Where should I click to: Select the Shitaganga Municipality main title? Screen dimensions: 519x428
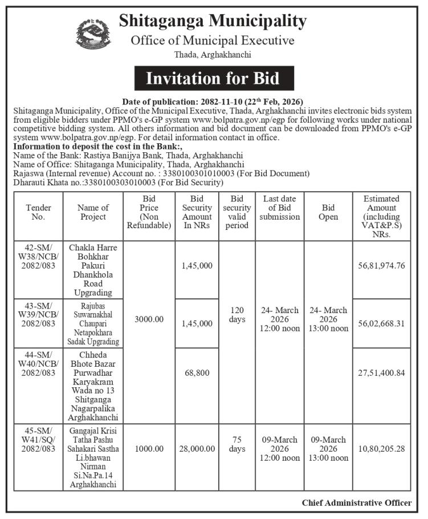[213, 22]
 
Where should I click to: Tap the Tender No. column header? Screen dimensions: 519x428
[38, 212]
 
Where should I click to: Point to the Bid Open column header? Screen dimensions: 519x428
[329, 212]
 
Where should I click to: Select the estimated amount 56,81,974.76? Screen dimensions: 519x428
[381, 266]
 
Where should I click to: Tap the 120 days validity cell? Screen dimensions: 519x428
[237, 314]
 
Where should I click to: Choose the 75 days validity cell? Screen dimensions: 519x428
[237, 444]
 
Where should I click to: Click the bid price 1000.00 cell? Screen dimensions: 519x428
[148, 449]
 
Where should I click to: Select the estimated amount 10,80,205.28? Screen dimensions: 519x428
[381, 449]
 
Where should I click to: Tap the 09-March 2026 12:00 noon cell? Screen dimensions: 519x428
[280, 449]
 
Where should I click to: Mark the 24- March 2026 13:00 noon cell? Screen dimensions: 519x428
[329, 319]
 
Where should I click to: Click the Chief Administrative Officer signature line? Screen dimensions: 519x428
[356, 502]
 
